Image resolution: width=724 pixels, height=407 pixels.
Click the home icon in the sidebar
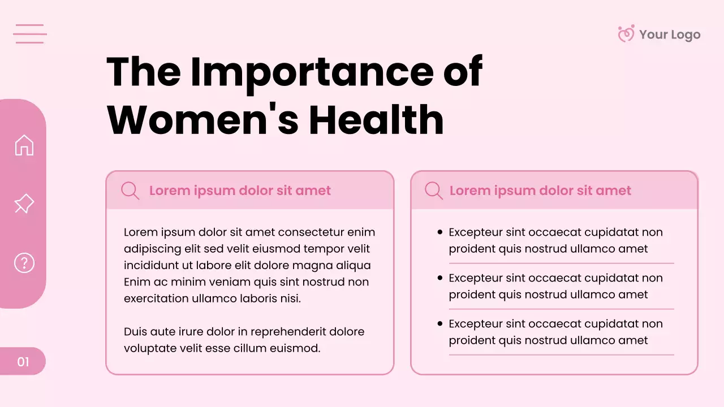[x=24, y=145]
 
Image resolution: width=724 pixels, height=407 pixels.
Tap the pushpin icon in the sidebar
[x=24, y=204]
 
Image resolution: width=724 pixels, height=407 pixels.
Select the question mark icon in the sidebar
[x=24, y=263]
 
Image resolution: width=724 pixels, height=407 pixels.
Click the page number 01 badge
[x=23, y=362]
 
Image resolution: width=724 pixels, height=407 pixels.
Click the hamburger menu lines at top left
[x=29, y=34]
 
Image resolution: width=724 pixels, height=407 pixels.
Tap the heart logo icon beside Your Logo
[x=626, y=34]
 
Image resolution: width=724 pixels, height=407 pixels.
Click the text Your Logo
[x=670, y=34]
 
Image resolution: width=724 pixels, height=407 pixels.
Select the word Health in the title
[x=376, y=119]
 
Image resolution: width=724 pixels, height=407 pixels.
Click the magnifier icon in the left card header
[x=130, y=190]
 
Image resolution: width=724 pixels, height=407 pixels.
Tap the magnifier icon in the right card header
[x=433, y=190]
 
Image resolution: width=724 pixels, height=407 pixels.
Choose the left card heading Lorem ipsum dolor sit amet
[x=240, y=190]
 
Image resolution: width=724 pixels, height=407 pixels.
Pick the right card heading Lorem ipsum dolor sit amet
[x=540, y=190]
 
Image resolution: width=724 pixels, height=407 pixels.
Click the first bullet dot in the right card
[x=440, y=232]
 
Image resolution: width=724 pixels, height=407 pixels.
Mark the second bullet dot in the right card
[x=440, y=278]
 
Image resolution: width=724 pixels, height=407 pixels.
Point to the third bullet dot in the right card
[x=440, y=324]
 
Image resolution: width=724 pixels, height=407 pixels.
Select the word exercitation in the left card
[x=156, y=298]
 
